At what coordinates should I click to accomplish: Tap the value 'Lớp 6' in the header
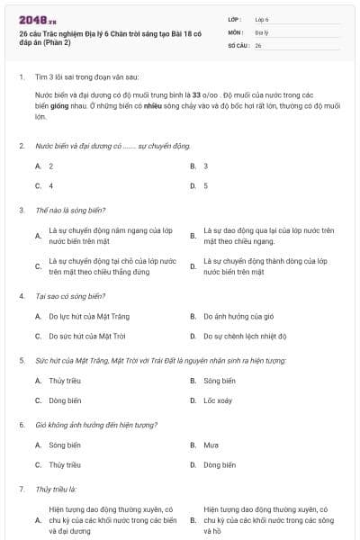[262, 19]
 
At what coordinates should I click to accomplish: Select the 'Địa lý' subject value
[261, 31]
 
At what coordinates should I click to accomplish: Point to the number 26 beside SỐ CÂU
[258, 44]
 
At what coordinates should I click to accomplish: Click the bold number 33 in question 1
[195, 93]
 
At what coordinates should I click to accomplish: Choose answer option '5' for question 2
[206, 185]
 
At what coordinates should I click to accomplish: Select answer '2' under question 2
[51, 166]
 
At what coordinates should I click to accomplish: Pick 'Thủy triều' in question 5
[64, 381]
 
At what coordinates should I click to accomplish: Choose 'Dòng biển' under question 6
[220, 464]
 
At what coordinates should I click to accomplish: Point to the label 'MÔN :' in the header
[236, 31]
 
